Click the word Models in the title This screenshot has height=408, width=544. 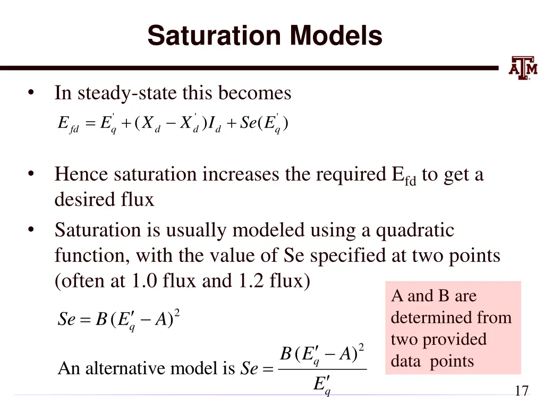click(x=336, y=36)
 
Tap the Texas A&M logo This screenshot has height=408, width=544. click(x=523, y=68)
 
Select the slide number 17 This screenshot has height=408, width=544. click(x=522, y=392)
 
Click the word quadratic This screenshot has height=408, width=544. click(x=415, y=230)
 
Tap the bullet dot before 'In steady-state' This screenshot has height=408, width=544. click(x=32, y=93)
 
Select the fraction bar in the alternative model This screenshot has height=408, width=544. click(x=322, y=369)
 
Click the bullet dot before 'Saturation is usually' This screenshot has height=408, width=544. click(x=32, y=230)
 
